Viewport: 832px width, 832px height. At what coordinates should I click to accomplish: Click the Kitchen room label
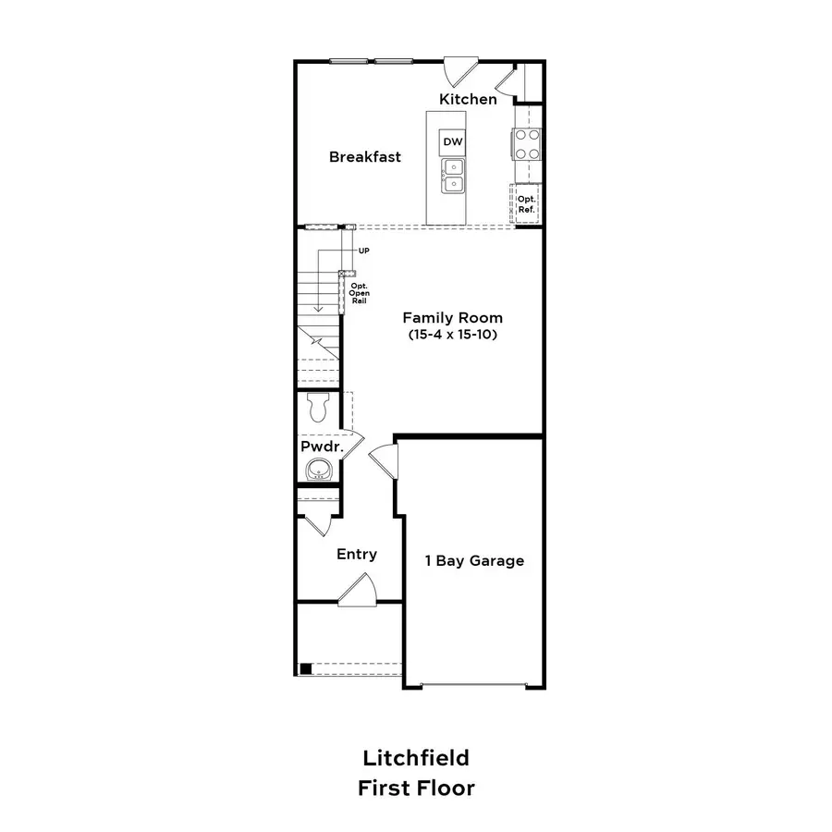pyautogui.click(x=468, y=99)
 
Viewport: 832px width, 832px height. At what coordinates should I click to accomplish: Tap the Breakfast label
pyautogui.click(x=365, y=157)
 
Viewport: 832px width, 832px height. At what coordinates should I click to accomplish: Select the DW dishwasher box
pyautogui.click(x=453, y=141)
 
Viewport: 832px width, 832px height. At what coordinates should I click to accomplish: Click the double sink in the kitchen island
pyautogui.click(x=453, y=176)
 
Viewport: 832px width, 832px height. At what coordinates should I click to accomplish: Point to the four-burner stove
pyautogui.click(x=526, y=144)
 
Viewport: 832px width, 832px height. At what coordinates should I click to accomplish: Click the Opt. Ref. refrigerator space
pyautogui.click(x=526, y=203)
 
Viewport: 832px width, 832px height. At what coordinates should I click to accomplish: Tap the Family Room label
pyautogui.click(x=453, y=318)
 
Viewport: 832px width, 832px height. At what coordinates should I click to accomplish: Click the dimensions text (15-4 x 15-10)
pyautogui.click(x=453, y=335)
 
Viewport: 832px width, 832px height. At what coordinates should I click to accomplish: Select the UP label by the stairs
pyautogui.click(x=364, y=251)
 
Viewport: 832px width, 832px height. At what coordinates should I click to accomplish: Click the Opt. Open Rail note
pyautogui.click(x=360, y=293)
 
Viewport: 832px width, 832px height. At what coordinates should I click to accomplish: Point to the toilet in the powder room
pyautogui.click(x=318, y=408)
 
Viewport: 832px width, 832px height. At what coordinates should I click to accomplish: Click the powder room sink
pyautogui.click(x=318, y=469)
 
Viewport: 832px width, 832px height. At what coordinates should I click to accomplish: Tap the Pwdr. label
pyautogui.click(x=322, y=447)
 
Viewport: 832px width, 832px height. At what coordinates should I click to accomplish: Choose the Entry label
pyautogui.click(x=357, y=555)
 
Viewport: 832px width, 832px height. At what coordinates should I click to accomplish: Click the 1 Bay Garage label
pyautogui.click(x=474, y=561)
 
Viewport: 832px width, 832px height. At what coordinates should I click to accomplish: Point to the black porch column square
pyautogui.click(x=306, y=668)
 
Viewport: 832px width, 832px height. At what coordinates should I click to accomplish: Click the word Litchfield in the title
pyautogui.click(x=416, y=758)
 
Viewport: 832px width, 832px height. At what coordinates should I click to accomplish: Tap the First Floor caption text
pyautogui.click(x=416, y=788)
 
